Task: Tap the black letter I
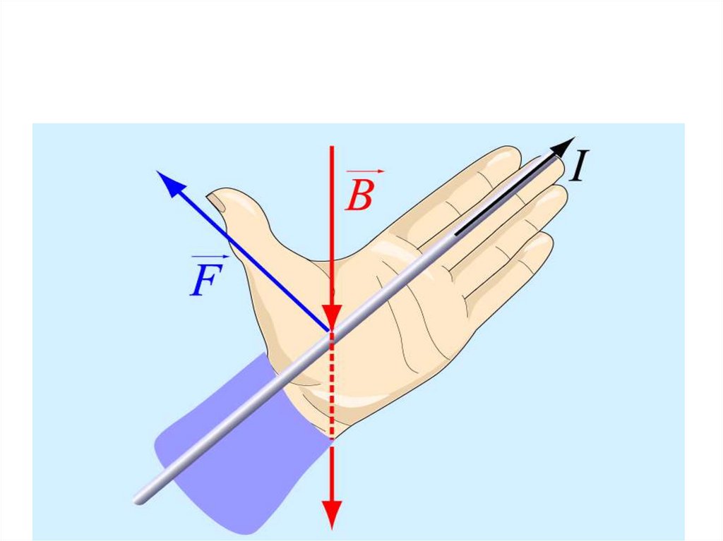click(580, 167)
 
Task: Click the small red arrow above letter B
click(366, 171)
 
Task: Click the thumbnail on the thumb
click(220, 204)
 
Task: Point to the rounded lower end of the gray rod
click(139, 498)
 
